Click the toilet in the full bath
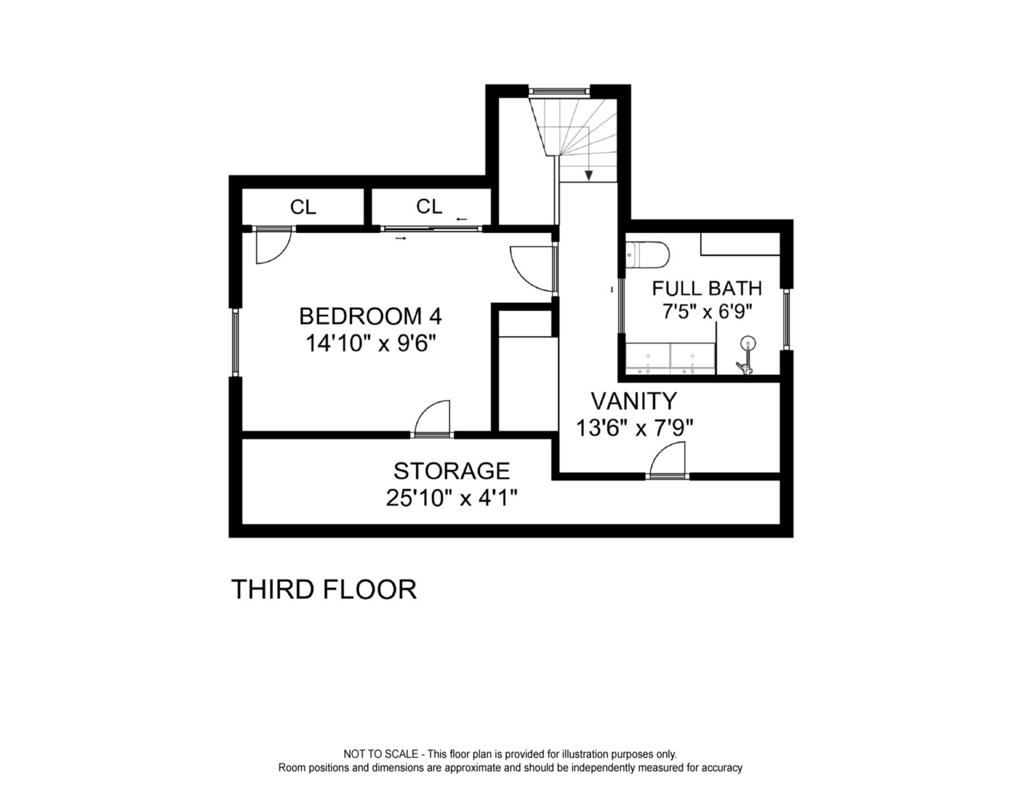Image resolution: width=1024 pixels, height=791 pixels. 648,255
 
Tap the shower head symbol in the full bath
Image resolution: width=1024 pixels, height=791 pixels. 748,343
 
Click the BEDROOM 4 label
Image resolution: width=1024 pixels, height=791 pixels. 370,316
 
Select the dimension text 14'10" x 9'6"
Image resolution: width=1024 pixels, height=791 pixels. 370,343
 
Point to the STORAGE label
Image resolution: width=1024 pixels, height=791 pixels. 451,471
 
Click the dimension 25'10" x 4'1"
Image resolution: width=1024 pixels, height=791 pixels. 451,498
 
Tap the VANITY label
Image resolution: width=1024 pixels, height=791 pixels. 634,401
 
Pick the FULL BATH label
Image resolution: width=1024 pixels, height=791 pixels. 707,288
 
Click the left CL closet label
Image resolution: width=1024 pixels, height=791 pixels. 303,208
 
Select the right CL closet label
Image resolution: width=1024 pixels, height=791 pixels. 429,207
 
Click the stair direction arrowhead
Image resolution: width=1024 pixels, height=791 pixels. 589,176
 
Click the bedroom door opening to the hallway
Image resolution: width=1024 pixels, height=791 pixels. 533,269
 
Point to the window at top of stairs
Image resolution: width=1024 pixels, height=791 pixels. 559,91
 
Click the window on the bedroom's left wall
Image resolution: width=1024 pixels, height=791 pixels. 235,342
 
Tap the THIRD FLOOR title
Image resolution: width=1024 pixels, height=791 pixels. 323,590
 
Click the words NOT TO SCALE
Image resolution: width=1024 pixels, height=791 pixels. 381,754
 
